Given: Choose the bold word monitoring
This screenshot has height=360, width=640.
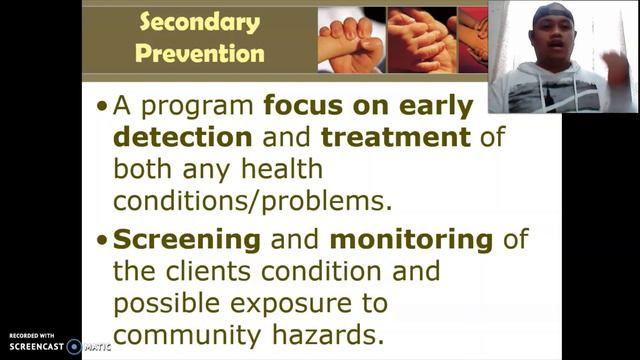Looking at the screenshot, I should click(x=412, y=240).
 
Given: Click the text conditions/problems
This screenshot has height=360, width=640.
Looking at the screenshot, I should click(x=250, y=199).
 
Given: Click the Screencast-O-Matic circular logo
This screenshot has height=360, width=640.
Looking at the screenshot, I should click(x=73, y=347).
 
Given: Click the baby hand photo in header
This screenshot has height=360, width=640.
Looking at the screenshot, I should click(x=349, y=39).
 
